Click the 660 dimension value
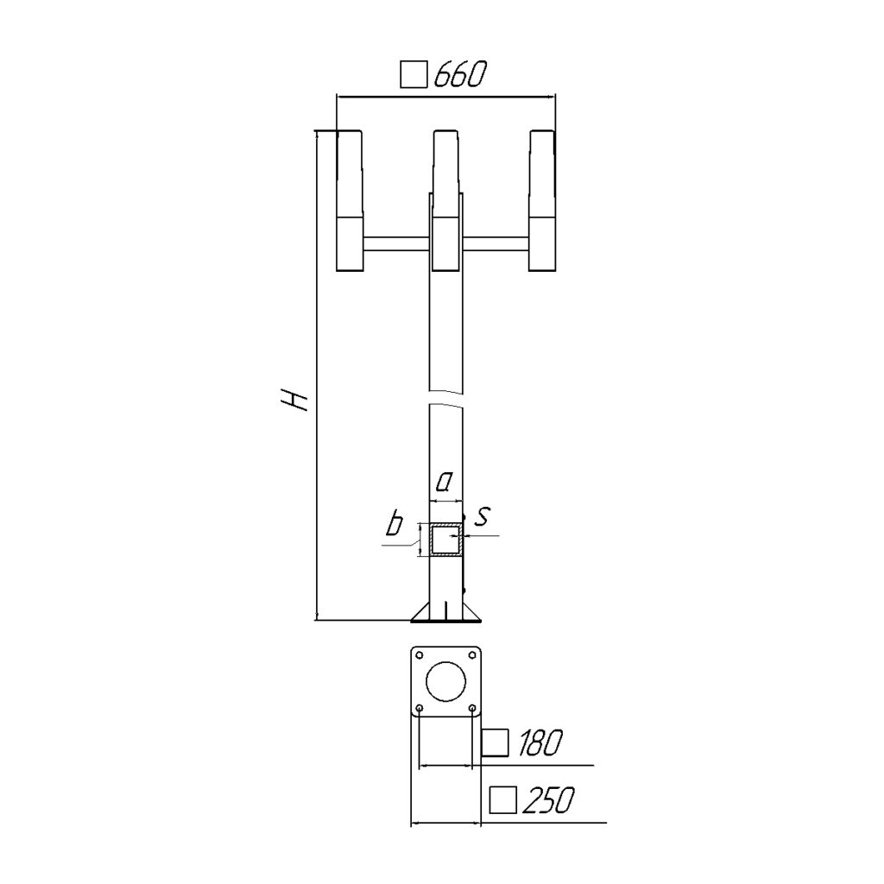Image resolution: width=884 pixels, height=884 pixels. (x=459, y=74)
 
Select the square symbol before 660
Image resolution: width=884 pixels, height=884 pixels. (x=414, y=75)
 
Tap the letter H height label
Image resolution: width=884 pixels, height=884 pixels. (x=294, y=400)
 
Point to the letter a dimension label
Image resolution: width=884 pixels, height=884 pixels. (x=445, y=481)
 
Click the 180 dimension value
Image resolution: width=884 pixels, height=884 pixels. (x=540, y=742)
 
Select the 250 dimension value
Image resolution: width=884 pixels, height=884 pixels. (x=548, y=800)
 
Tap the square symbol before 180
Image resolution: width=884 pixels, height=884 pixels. (x=496, y=742)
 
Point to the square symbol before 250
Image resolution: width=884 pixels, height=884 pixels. (x=503, y=800)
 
